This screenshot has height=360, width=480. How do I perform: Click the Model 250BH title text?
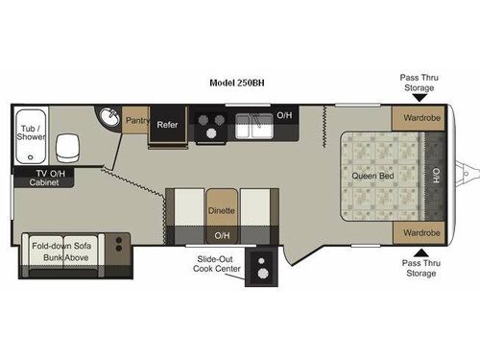pos(236,84)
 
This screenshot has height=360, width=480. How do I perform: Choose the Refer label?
pos(167,124)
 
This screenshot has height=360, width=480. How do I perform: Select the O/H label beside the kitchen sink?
pos(285,115)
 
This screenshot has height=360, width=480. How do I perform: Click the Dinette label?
pos(221,208)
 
